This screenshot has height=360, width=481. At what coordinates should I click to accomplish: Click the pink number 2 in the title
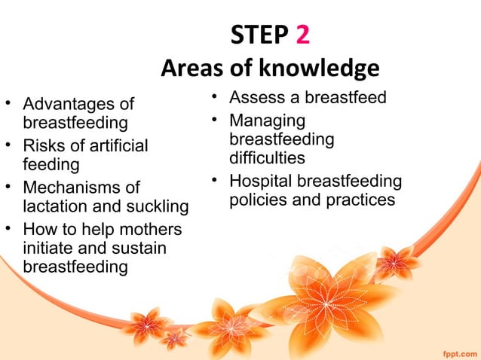click(297, 35)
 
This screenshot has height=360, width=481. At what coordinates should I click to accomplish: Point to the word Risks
click(44, 145)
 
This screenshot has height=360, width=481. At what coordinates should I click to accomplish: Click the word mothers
click(155, 228)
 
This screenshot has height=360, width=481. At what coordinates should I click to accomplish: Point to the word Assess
click(256, 98)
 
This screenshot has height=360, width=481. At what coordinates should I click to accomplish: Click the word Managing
click(267, 121)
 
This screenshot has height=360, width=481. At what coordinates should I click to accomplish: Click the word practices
click(356, 200)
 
